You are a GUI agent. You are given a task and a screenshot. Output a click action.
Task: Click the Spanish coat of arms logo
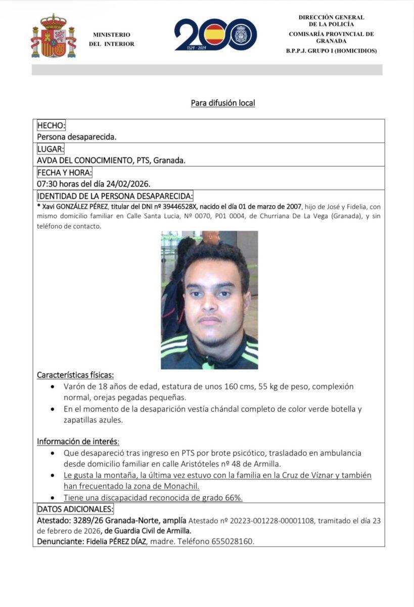(x=53, y=36)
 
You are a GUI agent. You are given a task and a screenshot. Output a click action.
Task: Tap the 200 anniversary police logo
(x=215, y=34)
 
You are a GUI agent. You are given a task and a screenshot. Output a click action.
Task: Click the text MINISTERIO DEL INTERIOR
(x=111, y=39)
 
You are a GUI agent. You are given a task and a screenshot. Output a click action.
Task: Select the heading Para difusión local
(x=222, y=103)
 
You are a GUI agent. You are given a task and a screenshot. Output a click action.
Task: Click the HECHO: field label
(x=51, y=125)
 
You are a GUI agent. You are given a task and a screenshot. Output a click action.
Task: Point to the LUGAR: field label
(x=51, y=149)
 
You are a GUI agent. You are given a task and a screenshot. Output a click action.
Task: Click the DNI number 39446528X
(x=179, y=206)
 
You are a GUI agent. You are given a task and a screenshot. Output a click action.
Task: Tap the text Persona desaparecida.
(x=77, y=137)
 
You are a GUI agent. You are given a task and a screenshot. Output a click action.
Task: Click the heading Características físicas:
(x=75, y=375)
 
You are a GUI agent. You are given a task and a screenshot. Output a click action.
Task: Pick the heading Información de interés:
(x=78, y=442)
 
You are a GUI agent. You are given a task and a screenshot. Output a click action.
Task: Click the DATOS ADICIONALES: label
(x=75, y=509)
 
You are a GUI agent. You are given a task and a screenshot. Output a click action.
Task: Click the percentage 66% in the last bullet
(x=234, y=498)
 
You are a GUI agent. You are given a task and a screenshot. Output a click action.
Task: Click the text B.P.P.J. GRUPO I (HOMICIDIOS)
(x=331, y=51)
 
